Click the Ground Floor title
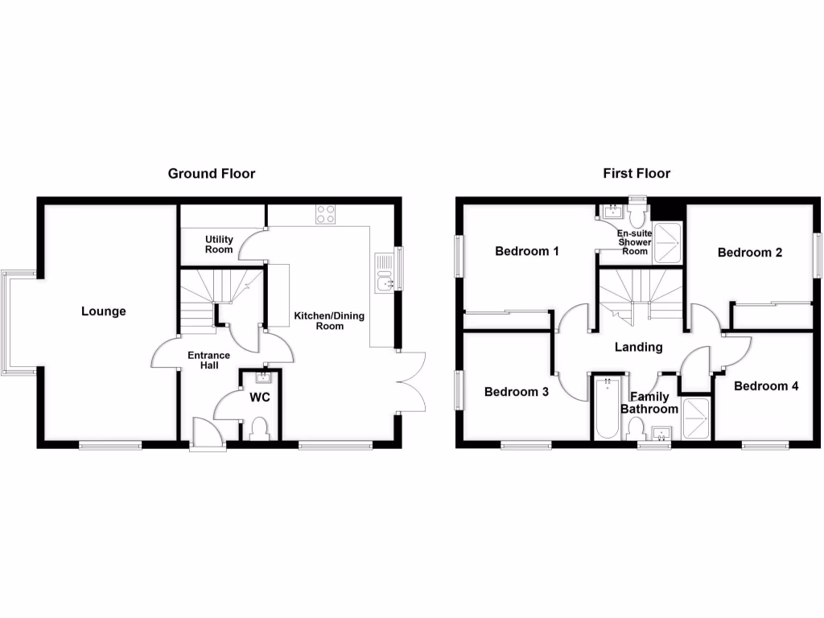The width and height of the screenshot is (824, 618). (x=211, y=173)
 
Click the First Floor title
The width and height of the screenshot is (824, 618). (x=637, y=173)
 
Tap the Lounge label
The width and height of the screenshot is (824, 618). (x=104, y=311)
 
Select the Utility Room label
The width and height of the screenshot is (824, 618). (x=219, y=245)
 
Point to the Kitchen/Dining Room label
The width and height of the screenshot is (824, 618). (x=329, y=320)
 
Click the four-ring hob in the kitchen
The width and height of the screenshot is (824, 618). (x=326, y=214)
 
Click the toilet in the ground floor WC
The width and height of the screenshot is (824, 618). (x=260, y=428)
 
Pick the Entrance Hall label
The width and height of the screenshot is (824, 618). (x=208, y=360)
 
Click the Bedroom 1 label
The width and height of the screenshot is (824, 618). (x=527, y=251)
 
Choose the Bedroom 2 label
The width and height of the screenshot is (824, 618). (x=750, y=253)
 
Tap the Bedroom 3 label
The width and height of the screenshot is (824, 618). (x=517, y=392)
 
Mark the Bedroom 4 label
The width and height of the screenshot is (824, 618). (x=766, y=386)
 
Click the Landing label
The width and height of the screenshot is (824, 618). (x=638, y=348)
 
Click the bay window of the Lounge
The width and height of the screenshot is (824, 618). (x=17, y=321)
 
